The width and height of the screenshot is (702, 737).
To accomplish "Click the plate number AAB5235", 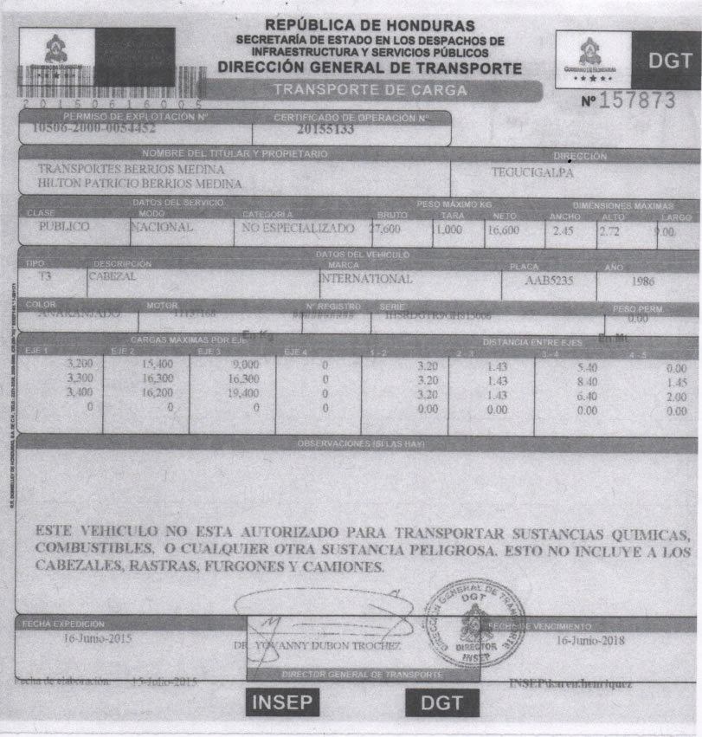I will pyautogui.click(x=549, y=281).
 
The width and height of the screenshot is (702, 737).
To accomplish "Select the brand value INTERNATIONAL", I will pyautogui.click(x=366, y=280).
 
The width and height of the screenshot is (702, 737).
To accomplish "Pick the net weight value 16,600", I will pyautogui.click(x=502, y=230).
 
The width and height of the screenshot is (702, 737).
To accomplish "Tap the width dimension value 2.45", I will pyautogui.click(x=563, y=231).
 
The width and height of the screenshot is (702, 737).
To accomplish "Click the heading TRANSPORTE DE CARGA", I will pyautogui.click(x=370, y=90).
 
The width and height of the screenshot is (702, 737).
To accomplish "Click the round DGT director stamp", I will pyautogui.click(x=474, y=621).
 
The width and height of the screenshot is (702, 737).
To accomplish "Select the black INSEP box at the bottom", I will pyautogui.click(x=282, y=703).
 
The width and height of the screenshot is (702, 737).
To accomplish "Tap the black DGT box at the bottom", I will pyautogui.click(x=441, y=703).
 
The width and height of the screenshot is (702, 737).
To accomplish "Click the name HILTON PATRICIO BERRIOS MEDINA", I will pyautogui.click(x=139, y=184).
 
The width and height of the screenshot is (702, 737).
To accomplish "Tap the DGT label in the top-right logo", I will pyautogui.click(x=669, y=61).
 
